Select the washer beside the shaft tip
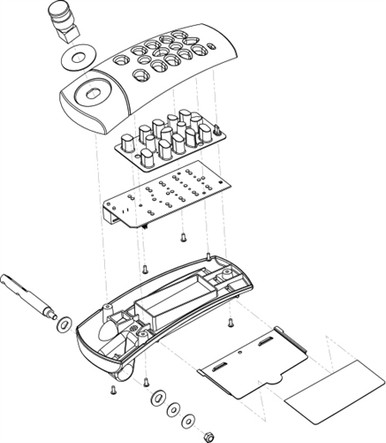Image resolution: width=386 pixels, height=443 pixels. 63,323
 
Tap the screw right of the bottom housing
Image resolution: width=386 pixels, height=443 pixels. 231,322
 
